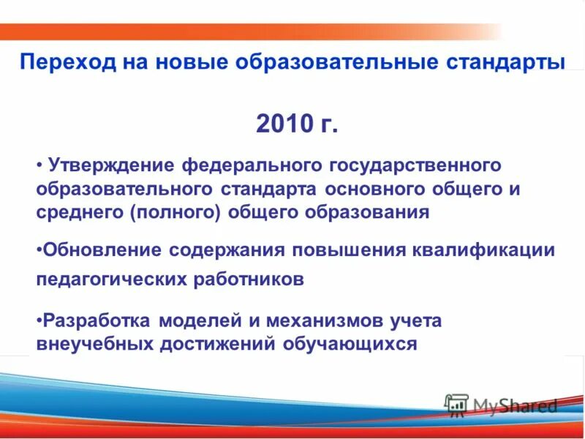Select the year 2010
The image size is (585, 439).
[284, 124]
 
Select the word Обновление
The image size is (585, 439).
[103, 250]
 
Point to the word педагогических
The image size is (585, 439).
[105, 280]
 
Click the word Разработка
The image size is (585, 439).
[98, 320]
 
